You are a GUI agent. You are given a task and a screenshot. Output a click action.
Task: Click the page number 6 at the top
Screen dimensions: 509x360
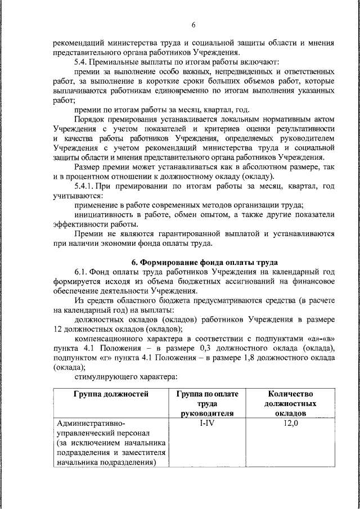point(193,25)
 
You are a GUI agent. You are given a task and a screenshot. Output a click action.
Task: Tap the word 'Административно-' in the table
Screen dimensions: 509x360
point(91,423)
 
